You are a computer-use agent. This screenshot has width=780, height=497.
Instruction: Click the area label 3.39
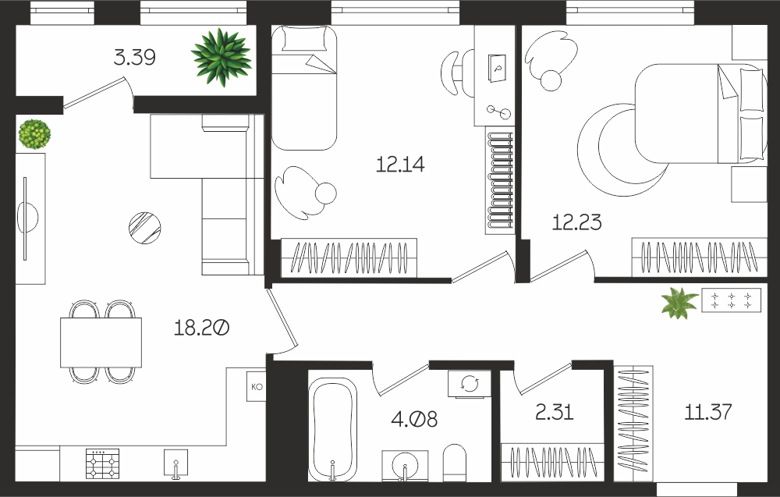click(x=134, y=57)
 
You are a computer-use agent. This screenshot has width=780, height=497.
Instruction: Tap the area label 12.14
click(x=400, y=164)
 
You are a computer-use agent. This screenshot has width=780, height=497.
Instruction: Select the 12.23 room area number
click(x=577, y=222)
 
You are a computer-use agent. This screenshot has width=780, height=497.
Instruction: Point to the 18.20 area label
click(x=201, y=328)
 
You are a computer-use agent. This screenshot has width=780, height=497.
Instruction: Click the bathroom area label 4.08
click(x=414, y=420)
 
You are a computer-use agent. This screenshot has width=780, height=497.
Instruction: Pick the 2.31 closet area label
click(x=555, y=412)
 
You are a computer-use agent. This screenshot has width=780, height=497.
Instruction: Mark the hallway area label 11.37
click(x=708, y=412)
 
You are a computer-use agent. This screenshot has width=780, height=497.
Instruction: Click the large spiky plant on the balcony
click(x=222, y=57)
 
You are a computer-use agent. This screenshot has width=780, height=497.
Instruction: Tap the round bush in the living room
click(x=34, y=134)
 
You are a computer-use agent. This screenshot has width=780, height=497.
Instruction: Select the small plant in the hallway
click(x=679, y=303)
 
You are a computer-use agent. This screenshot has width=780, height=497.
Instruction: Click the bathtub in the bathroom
click(x=332, y=428)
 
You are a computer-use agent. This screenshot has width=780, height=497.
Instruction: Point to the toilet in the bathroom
click(x=455, y=463)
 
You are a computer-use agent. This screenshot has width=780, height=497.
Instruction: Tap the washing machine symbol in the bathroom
click(x=469, y=384)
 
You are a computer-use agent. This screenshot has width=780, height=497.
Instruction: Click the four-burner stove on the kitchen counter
click(x=102, y=463)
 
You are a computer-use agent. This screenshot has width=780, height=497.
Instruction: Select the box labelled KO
click(x=256, y=386)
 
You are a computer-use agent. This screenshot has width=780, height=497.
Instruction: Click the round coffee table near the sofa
click(x=145, y=228)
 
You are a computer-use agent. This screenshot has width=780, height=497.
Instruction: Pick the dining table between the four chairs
click(x=101, y=343)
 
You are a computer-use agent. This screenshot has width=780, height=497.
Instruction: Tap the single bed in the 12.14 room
click(x=304, y=87)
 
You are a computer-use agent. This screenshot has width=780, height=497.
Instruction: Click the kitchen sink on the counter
click(x=176, y=463)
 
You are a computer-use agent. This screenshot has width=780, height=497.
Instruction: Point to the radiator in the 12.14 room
click(x=500, y=180)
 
